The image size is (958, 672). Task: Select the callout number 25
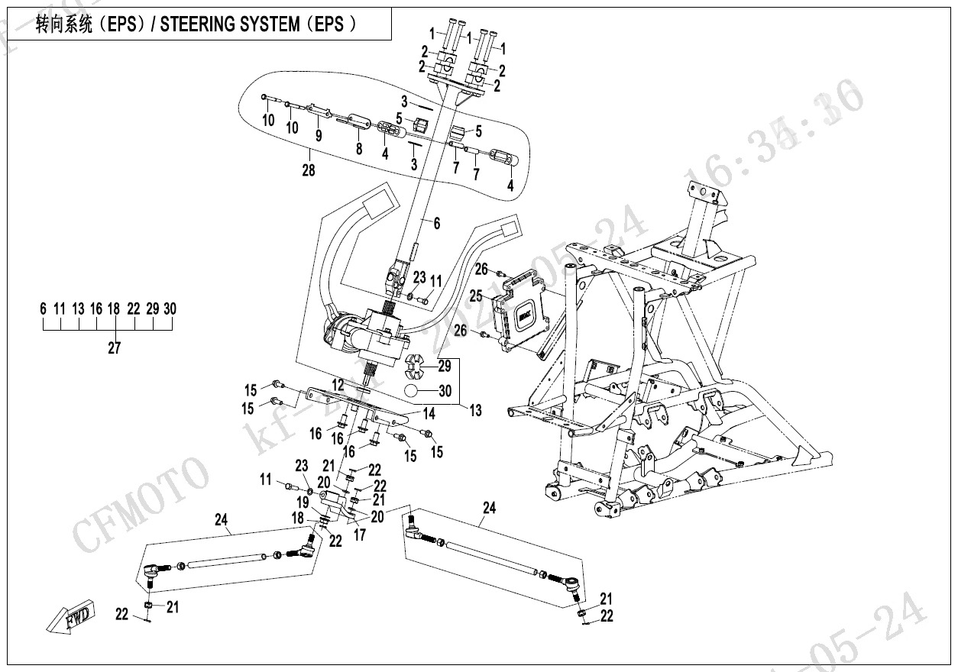pos(475,295)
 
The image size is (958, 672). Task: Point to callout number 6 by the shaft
pos(436,224)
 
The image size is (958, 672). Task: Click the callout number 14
pos(429,414)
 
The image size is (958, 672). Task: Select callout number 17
pos(359,535)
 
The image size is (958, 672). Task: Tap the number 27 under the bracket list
pos(114,349)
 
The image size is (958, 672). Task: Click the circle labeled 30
pos(413,392)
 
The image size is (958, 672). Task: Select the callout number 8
pos(358,150)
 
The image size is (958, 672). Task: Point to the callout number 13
pos(475,411)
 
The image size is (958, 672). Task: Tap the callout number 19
pos(303,502)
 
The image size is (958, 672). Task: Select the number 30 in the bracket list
pos(170,309)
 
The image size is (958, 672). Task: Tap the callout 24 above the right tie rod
pos(489,507)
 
